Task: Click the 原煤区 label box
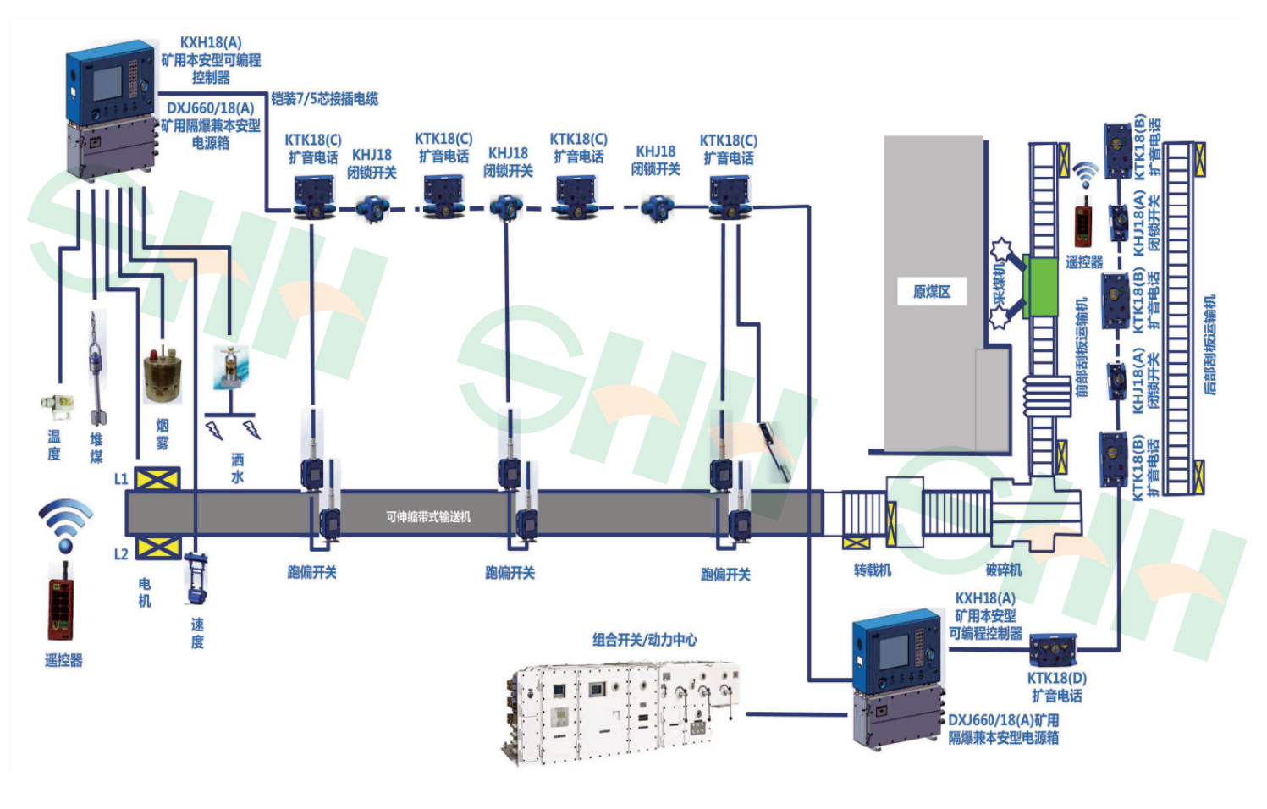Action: pos(931,292)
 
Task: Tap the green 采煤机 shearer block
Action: pos(1040,288)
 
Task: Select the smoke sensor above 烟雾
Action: pos(162,375)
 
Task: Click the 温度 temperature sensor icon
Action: pos(57,405)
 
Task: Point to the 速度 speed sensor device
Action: pos(196,579)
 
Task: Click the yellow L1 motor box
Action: pos(157,480)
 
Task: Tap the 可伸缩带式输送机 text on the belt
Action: pos(428,516)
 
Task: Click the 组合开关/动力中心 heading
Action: pos(645,640)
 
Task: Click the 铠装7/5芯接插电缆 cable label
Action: pos(324,99)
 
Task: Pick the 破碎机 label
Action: pos(1004,570)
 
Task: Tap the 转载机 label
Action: pos(873,570)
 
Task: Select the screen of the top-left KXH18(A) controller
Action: pos(107,83)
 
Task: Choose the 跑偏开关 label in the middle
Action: pos(510,573)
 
